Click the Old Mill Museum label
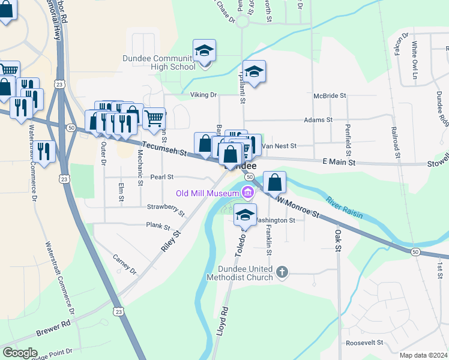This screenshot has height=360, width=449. [x=206, y=193]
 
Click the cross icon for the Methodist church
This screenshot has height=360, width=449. [x=283, y=273]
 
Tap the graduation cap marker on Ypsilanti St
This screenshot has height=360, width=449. [x=255, y=72]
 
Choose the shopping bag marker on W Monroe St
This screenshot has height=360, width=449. [x=274, y=182]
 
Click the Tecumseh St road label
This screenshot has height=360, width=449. [x=163, y=149]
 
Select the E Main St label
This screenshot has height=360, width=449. [x=339, y=162]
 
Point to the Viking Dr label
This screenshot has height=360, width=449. [x=205, y=95]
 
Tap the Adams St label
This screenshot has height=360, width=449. [x=318, y=120]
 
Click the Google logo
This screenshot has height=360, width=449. [x=20, y=352]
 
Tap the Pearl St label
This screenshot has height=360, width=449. [x=161, y=177]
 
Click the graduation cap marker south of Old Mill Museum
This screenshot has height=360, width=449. [x=245, y=215]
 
